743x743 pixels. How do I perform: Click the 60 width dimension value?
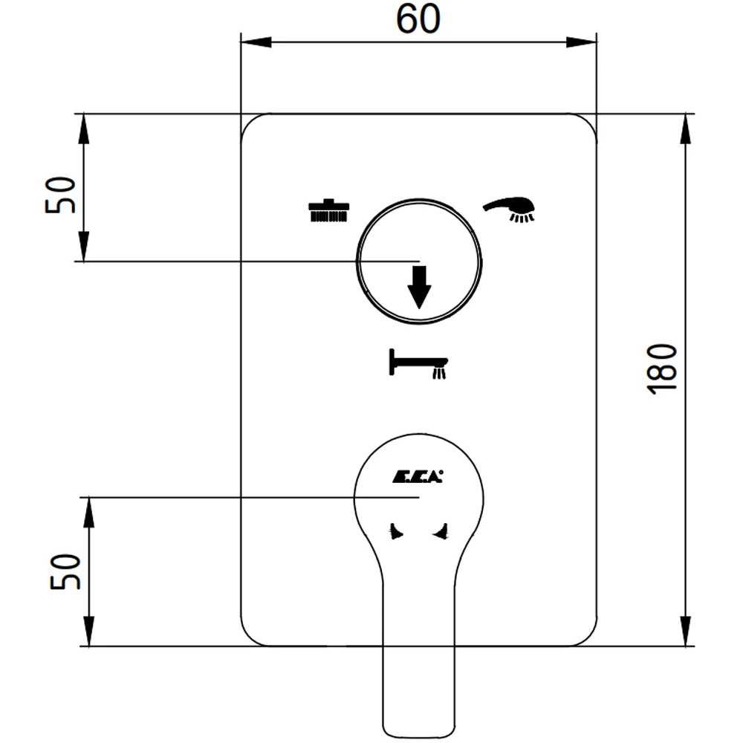pos(418,19)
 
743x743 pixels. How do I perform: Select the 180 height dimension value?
pos(662,369)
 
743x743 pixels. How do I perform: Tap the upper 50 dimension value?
pos(60,195)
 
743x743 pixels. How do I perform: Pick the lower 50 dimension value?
pos(65,571)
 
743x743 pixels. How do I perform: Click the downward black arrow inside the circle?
pos(419,287)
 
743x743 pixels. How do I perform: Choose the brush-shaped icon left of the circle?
pos(329,210)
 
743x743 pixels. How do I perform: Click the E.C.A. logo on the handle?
pos(418,476)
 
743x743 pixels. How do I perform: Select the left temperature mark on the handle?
pos(396,531)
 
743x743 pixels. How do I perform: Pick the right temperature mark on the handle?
pos(440,531)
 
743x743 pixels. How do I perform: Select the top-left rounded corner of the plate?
pos(250,123)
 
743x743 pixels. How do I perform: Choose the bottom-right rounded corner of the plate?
pos(588,637)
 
